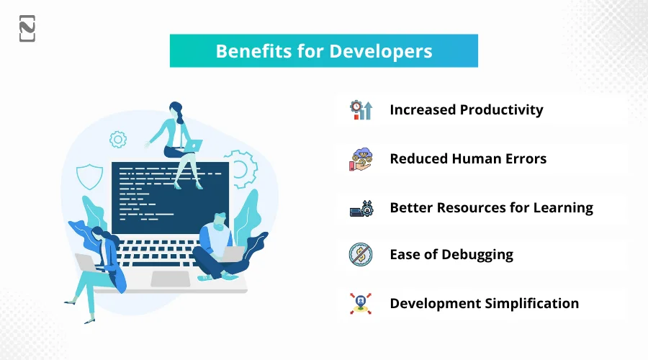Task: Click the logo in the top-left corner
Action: pos(27,29)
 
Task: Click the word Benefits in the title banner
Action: pos(253,51)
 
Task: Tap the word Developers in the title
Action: pos(381,52)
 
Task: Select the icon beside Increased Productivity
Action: pos(361,110)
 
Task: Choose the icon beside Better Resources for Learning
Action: pos(361,208)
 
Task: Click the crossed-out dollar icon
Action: pos(361,254)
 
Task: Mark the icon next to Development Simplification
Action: pos(361,303)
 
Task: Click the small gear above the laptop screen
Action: pos(118,140)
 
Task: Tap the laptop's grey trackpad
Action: pos(171,279)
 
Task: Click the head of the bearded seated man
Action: pos(220,221)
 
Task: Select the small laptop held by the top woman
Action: pos(192,145)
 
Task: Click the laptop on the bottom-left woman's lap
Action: pos(88,264)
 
